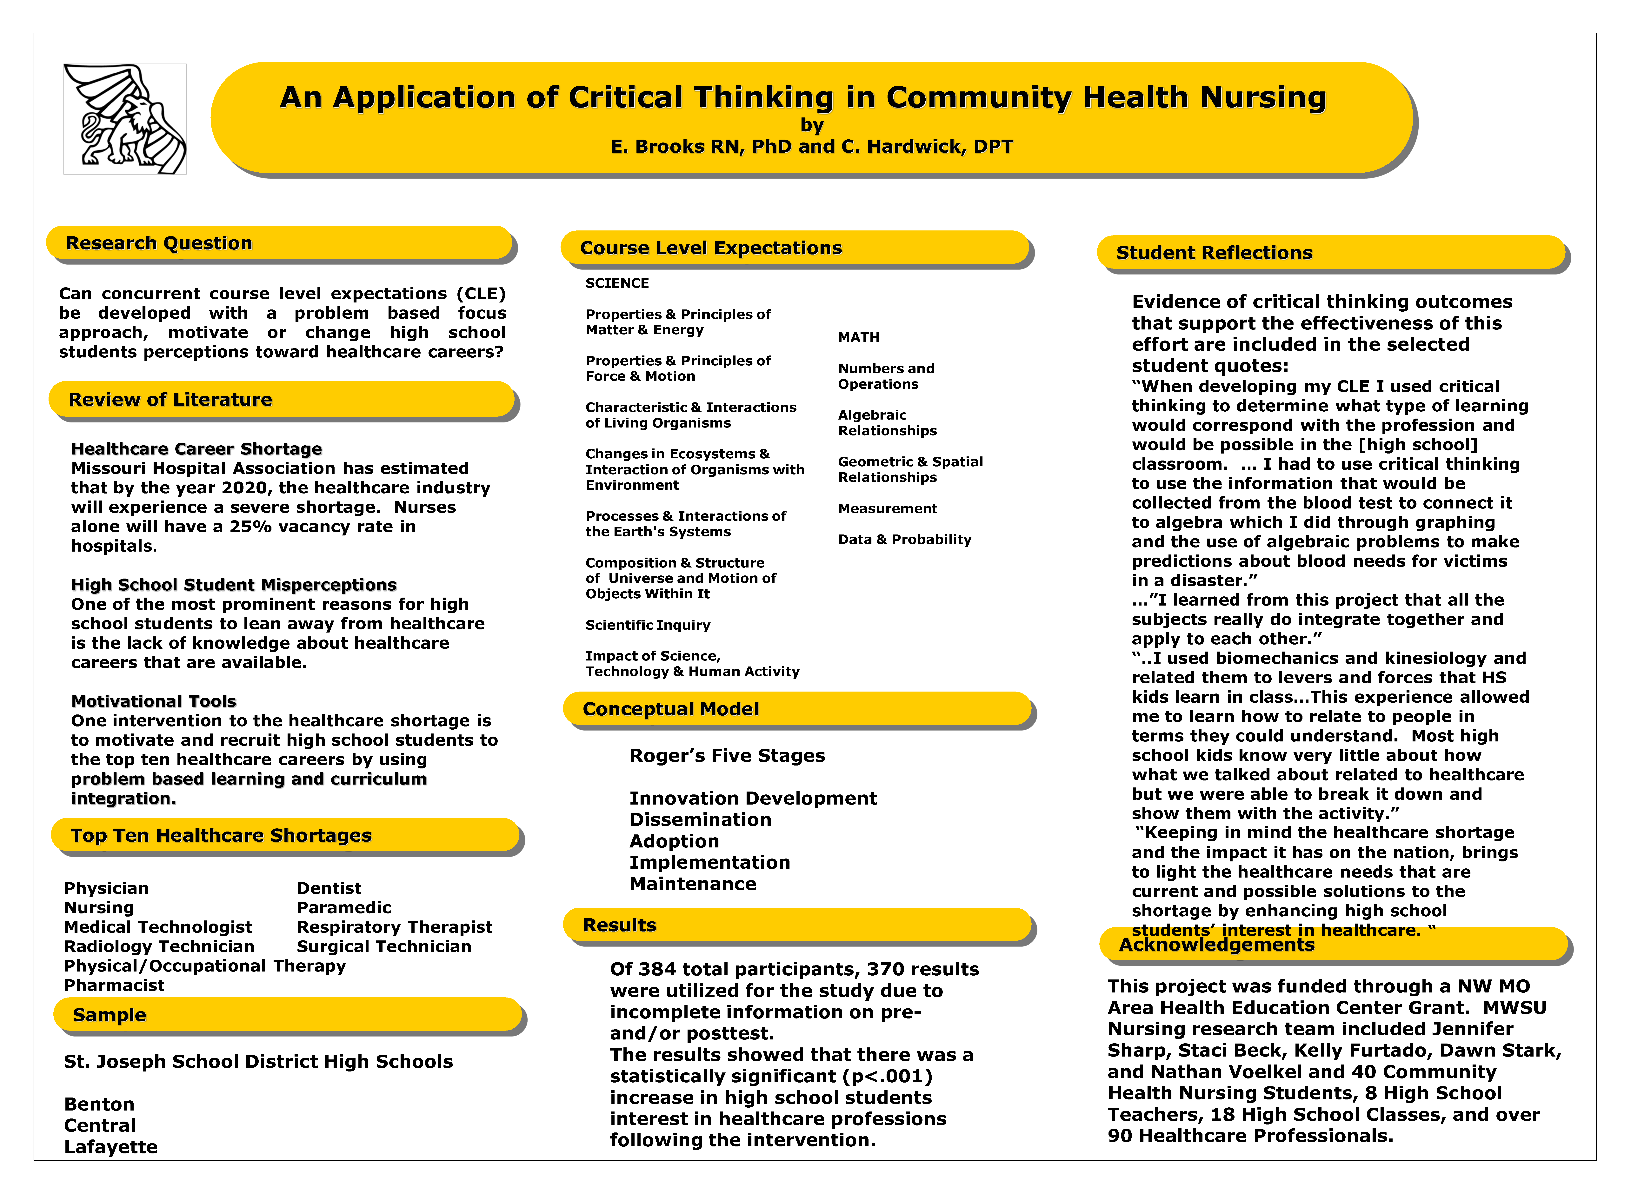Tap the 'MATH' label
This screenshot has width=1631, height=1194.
(x=858, y=338)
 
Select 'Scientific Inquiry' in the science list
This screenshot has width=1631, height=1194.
(x=648, y=625)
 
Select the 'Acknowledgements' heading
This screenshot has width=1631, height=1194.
(x=1216, y=945)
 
